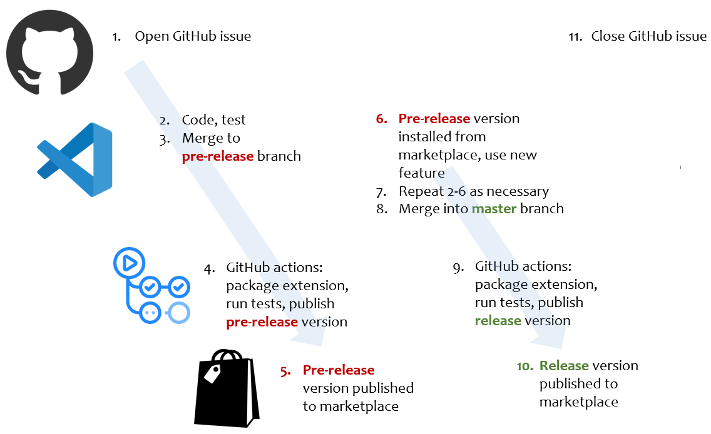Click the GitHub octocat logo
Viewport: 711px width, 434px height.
pos(49,53)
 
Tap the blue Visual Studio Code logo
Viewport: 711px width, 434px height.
pos(74,159)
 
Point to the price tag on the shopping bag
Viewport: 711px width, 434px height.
pos(212,374)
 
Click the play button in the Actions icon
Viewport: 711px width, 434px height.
pos(130,263)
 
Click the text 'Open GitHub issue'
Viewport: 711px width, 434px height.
pos(193,36)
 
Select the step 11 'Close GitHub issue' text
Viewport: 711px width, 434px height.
pos(648,36)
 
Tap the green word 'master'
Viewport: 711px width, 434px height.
pos(494,208)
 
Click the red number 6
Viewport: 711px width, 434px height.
pos(382,119)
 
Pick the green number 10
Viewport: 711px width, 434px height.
pos(524,366)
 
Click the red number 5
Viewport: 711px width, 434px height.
pos(285,370)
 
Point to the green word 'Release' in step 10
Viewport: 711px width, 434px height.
pos(564,365)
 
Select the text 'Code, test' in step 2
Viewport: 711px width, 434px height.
pos(213,119)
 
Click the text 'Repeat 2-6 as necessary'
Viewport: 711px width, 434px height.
pos(473,191)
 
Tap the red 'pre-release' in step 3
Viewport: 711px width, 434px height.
pos(217,156)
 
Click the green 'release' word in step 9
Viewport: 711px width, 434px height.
pos(498,320)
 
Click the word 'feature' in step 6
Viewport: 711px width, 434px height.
pos(421,173)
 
